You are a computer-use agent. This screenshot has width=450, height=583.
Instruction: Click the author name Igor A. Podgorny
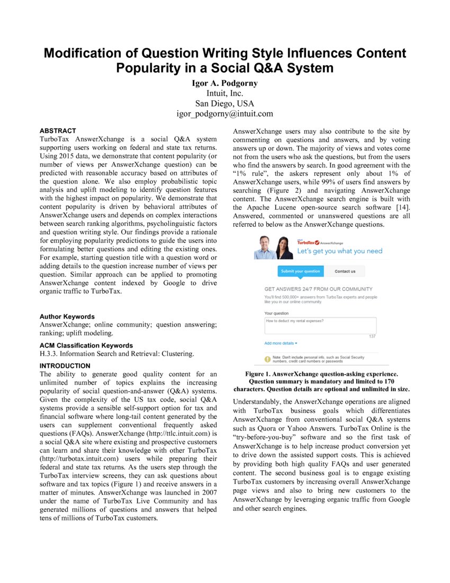(224, 84)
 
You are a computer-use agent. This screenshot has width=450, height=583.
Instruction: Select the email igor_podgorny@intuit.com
(224, 113)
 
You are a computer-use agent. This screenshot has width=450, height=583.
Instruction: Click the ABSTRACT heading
(58, 130)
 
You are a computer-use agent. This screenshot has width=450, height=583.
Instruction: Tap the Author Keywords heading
(67, 316)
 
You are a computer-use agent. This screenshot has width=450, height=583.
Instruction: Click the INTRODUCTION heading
(65, 366)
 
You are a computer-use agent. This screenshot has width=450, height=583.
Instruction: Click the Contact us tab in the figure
(345, 271)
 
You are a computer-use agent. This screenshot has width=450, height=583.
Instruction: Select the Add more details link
(281, 343)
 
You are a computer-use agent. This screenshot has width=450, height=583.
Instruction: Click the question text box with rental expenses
(320, 325)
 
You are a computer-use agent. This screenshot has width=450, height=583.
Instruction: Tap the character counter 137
(372, 336)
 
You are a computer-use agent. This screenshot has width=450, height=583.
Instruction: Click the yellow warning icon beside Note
(268, 359)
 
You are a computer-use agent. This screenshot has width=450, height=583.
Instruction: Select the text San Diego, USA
(224, 103)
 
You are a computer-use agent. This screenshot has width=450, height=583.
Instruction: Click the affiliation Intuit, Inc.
(224, 94)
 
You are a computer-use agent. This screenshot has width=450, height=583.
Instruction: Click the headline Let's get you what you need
(339, 251)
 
